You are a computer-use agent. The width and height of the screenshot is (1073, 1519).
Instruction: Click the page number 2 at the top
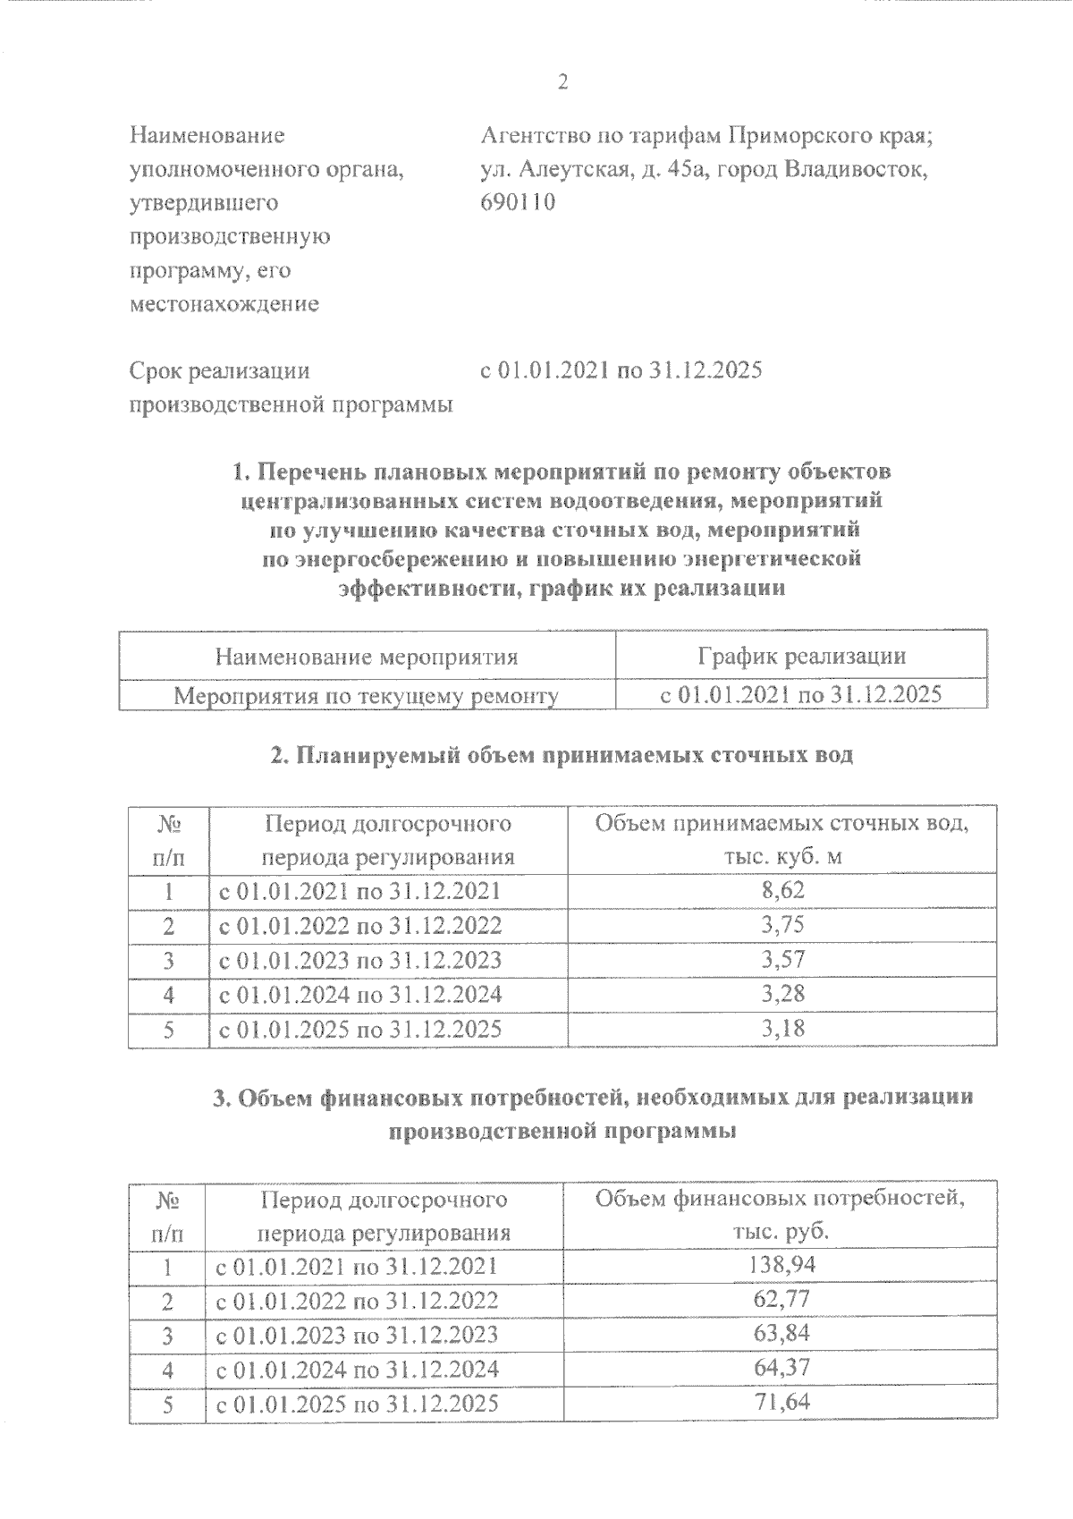[x=562, y=82]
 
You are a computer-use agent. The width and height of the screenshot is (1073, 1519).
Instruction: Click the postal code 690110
[x=518, y=203]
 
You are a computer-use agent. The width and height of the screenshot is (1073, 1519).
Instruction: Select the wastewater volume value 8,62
[x=782, y=890]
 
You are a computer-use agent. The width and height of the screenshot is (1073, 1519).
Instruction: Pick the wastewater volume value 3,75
[x=782, y=925]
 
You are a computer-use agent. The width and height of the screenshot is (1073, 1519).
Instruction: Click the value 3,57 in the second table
[x=782, y=960]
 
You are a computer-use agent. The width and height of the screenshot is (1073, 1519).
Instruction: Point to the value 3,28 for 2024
[x=782, y=994]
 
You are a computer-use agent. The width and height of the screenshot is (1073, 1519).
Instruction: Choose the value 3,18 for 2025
[x=782, y=1029]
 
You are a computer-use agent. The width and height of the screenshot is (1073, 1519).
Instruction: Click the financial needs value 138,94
[x=781, y=1265]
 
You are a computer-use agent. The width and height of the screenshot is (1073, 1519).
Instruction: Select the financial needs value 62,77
[x=781, y=1300]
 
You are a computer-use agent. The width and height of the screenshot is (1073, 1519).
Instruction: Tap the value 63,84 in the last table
[x=781, y=1335]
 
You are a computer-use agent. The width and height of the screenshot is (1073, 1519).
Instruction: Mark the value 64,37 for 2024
[x=781, y=1369]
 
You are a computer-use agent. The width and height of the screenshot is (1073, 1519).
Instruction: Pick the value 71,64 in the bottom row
[x=781, y=1403]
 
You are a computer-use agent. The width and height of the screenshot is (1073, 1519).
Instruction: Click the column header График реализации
[x=801, y=657]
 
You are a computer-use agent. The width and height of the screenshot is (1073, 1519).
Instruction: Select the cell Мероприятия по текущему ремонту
[x=366, y=695]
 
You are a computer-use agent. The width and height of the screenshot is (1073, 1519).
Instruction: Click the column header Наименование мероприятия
[x=367, y=658]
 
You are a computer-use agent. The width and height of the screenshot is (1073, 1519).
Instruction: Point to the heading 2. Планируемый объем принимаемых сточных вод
[x=562, y=755]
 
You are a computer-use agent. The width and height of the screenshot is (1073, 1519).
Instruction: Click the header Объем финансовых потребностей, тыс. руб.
[x=781, y=1214]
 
